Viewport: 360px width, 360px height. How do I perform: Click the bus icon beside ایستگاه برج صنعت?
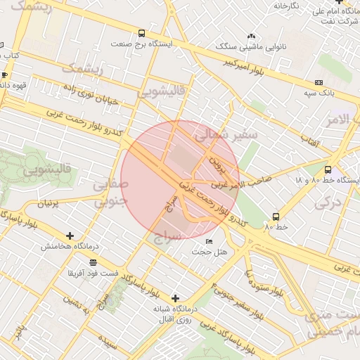click(142, 33)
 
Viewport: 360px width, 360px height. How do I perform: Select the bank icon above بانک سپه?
click(320, 82)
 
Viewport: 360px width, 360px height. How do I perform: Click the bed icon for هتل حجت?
click(208, 242)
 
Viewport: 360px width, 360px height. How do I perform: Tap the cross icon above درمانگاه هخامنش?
click(69, 236)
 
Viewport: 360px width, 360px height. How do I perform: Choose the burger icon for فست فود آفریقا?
click(93, 262)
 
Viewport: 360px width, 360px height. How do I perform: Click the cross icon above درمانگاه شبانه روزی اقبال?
click(175, 298)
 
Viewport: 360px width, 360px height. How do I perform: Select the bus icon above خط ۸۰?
click(276, 217)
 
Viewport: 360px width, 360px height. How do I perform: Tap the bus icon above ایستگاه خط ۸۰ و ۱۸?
click(328, 169)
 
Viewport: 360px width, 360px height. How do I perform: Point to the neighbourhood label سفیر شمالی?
click(226, 134)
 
